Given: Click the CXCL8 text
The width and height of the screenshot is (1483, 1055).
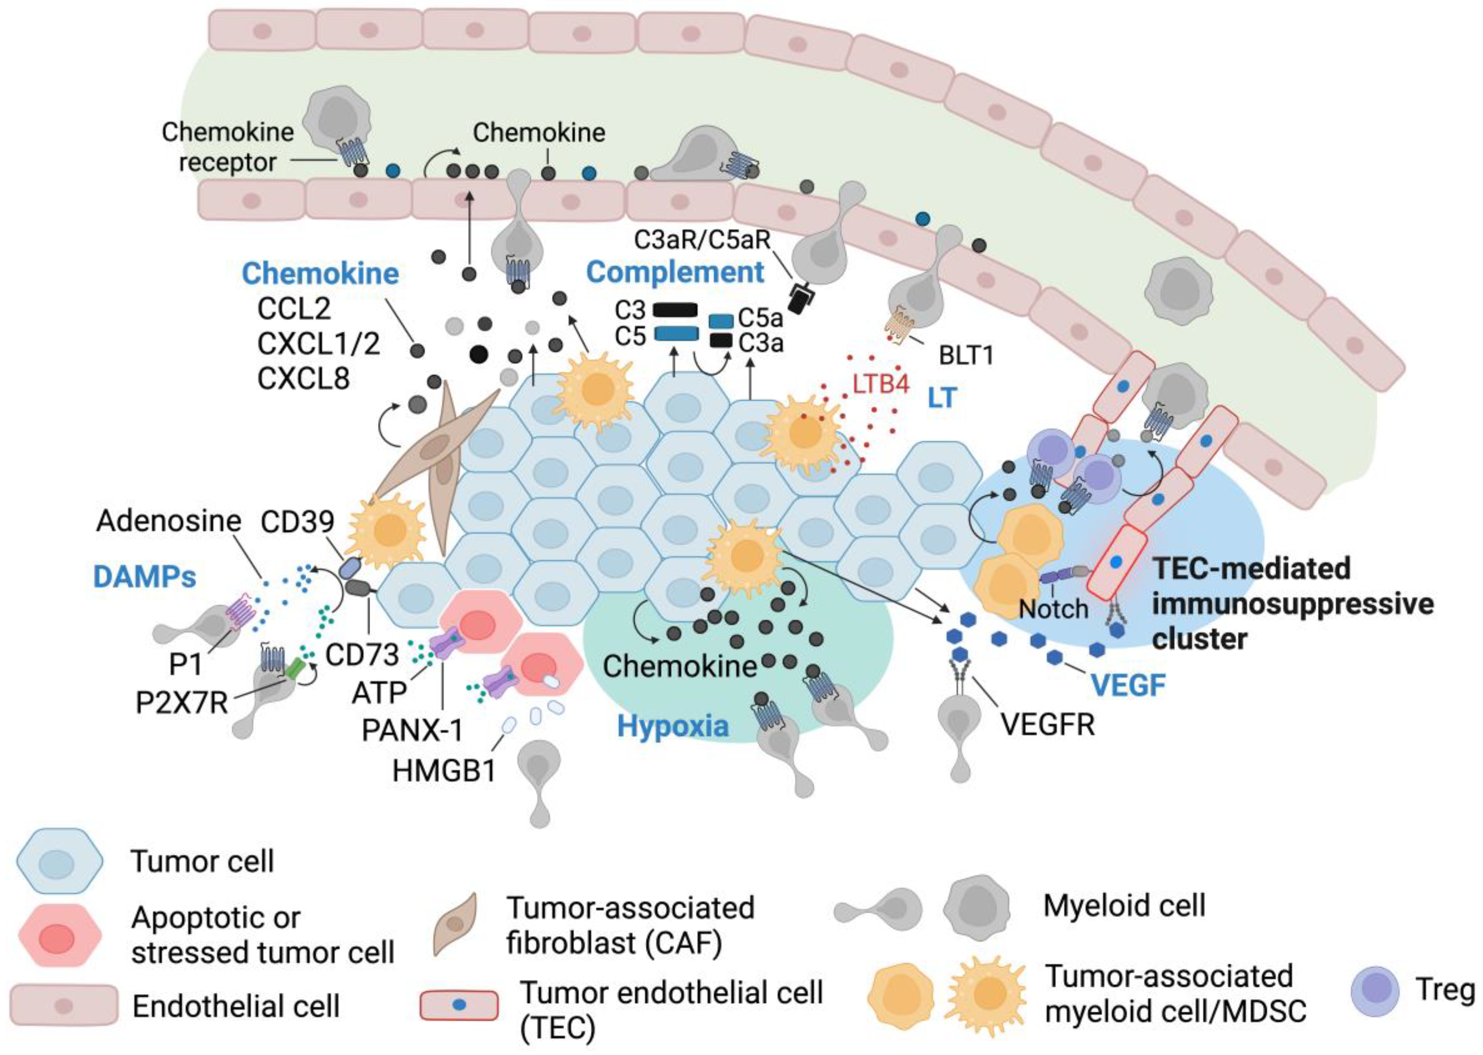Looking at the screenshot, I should point(304,378).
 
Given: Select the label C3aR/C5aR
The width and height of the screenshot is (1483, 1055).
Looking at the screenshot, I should point(702,240).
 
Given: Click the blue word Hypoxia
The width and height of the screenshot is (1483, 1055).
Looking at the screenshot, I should point(672,726).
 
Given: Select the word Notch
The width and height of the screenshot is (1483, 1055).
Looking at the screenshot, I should point(1053,609).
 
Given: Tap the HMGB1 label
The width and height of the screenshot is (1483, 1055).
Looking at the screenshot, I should point(444,770).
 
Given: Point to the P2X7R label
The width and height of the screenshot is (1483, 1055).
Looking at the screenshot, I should point(181,702).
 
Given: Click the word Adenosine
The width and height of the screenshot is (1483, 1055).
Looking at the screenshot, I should point(168,521).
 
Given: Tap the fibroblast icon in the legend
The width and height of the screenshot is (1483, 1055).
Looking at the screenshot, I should point(455,923).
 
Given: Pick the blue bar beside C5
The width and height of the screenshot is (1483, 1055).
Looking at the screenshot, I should point(675,334).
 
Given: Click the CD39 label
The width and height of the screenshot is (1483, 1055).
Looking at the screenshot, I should point(298,521).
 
